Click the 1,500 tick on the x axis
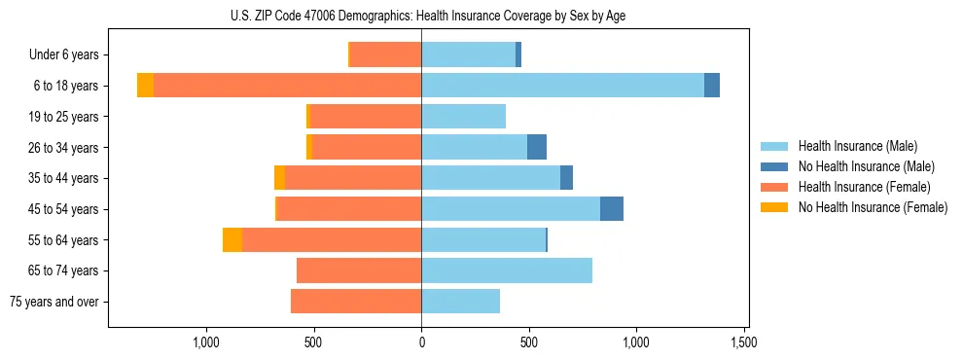[x=744, y=342]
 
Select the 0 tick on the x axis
[x=421, y=342]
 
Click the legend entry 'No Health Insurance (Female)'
[x=872, y=207]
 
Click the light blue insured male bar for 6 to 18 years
[x=562, y=86]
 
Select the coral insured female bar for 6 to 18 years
[x=287, y=86]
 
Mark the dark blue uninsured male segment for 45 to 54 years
[x=612, y=209]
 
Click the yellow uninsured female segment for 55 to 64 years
[x=232, y=240]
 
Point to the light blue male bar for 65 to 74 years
[x=507, y=270]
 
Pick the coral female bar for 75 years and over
[x=356, y=302]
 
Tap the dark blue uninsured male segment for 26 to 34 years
[x=537, y=148]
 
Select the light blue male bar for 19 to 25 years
[x=463, y=117]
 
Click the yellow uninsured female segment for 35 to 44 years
[x=280, y=178]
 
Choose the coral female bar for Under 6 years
[x=385, y=55]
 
